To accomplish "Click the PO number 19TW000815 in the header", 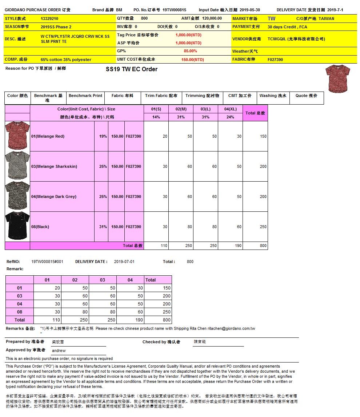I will click(x=174, y=10).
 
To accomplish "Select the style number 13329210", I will click(x=49, y=19).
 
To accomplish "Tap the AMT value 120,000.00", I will click(x=212, y=19).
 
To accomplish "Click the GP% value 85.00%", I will click(x=190, y=51).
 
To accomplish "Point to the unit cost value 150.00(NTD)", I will click(x=192, y=60).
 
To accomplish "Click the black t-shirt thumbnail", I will click(x=17, y=226).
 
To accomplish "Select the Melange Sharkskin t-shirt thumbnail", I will click(x=17, y=166).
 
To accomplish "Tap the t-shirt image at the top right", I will click(x=337, y=78).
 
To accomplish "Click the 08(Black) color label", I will click(x=40, y=227).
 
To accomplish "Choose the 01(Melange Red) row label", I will click(x=48, y=136).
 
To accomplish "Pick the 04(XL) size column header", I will click(x=230, y=109).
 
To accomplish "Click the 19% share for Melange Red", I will click(x=103, y=136).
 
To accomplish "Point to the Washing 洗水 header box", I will click(x=273, y=96).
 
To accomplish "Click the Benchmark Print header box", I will click(x=85, y=96).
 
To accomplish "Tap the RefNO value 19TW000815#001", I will click(x=47, y=262).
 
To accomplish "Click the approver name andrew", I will click(x=59, y=351).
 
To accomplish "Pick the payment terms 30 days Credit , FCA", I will click(x=287, y=27).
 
